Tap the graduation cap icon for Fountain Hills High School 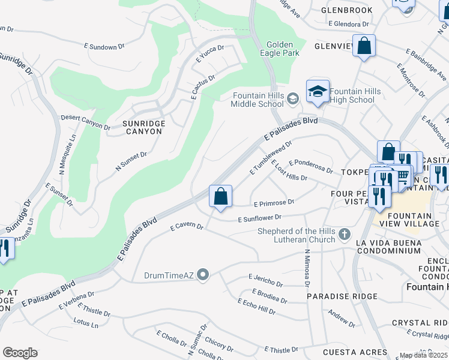point(318,91)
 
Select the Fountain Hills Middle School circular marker point(292,99)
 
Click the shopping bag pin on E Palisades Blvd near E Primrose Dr point(220,196)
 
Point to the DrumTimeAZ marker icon point(203,275)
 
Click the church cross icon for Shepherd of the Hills point(345,232)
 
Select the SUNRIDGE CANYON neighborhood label point(143,127)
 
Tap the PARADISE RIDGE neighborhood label point(342,296)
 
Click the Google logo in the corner point(20,353)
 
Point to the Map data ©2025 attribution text point(424,356)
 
